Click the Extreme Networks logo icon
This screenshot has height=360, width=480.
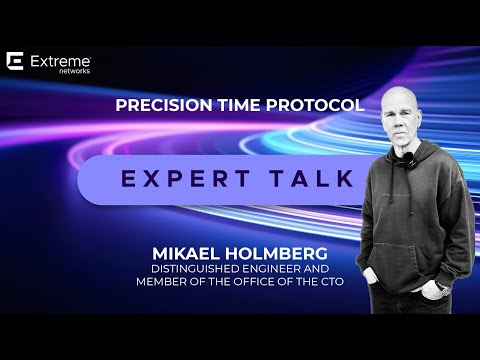tap(15, 61)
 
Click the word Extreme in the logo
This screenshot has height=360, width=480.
tap(60, 62)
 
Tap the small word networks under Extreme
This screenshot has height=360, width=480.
tap(74, 71)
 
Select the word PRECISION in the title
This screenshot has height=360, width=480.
tap(164, 105)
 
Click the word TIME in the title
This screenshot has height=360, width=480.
tap(239, 105)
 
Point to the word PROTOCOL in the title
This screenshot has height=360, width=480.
tap(315, 105)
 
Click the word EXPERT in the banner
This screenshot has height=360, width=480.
tap(185, 178)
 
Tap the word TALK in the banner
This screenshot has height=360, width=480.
tap(312, 178)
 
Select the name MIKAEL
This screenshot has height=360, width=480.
tap(186, 254)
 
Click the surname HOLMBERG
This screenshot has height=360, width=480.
tap(276, 254)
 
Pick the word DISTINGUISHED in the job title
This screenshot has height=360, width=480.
tap(196, 269)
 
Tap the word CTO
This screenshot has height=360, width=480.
tap(332, 282)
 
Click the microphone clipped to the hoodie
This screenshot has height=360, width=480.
tap(408, 156)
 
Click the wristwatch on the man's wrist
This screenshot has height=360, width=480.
tap(444, 288)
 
